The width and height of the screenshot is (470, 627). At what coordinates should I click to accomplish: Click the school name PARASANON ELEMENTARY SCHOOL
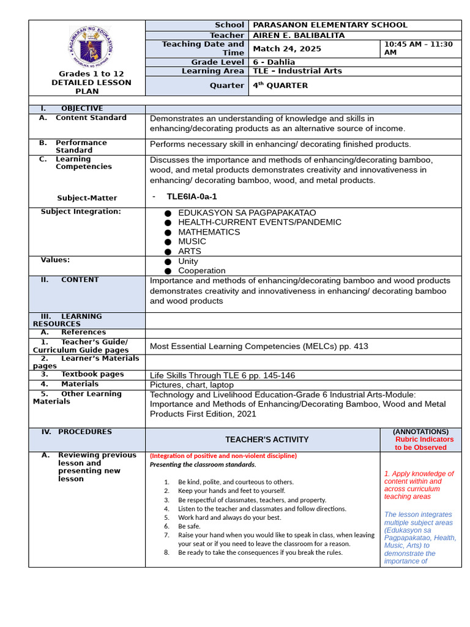click(330, 25)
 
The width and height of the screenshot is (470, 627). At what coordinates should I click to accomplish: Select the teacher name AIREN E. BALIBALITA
click(299, 36)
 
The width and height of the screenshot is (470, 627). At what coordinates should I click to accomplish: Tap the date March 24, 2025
click(283, 49)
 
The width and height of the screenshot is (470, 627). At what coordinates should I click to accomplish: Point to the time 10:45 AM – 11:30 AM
click(419, 48)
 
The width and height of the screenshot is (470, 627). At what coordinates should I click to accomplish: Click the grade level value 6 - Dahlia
click(274, 62)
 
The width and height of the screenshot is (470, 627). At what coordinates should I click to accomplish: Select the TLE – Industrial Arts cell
click(297, 71)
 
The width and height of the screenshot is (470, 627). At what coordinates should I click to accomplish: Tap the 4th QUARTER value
click(280, 86)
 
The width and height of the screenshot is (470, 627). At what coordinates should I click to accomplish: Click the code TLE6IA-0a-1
click(192, 197)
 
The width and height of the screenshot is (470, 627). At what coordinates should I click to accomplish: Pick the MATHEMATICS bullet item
click(209, 232)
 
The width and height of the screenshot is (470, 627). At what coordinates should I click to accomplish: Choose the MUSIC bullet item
click(192, 241)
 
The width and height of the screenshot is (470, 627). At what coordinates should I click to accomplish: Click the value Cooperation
click(201, 271)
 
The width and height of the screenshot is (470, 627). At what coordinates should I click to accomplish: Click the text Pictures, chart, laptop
click(192, 385)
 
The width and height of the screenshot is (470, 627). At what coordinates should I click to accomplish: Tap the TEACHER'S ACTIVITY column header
click(266, 440)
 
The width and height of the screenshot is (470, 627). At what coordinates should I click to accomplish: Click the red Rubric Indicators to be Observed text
click(424, 443)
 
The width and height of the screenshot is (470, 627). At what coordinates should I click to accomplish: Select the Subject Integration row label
click(81, 212)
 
